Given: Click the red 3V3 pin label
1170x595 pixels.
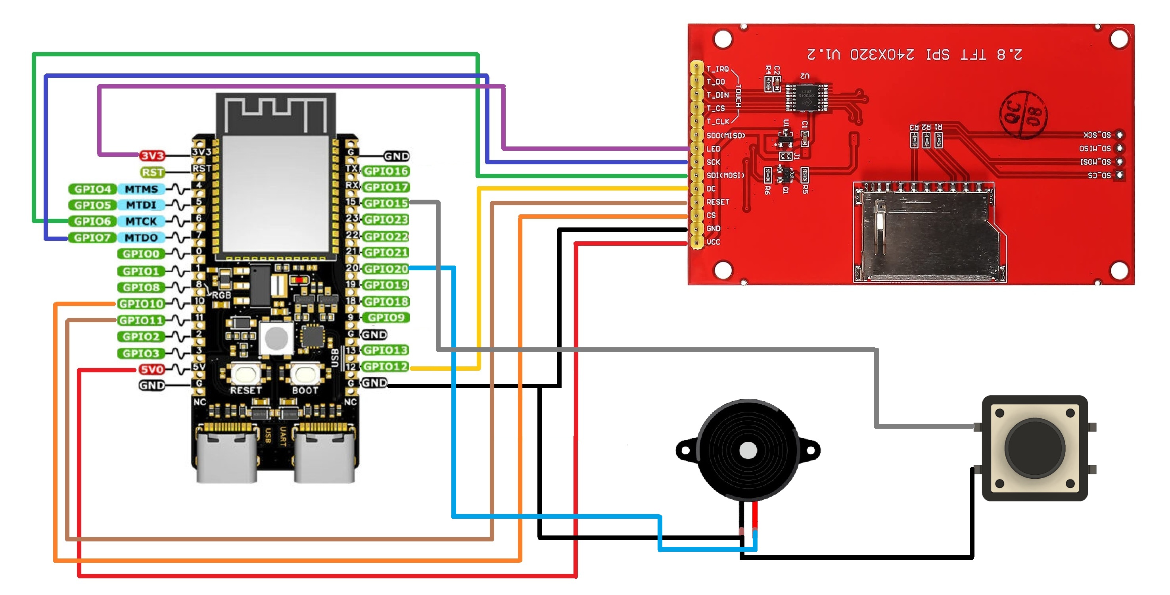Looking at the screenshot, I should click(152, 156).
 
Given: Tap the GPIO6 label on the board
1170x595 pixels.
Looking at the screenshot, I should click(93, 221).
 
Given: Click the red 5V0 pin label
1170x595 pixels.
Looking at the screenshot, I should click(152, 369).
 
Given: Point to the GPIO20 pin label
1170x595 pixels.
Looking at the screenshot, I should click(386, 269).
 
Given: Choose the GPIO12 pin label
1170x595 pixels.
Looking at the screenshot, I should click(386, 367).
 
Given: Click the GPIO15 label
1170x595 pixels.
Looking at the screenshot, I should click(386, 203).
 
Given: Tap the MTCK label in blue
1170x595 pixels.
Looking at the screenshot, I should click(141, 221).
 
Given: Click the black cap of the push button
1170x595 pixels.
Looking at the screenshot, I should click(1035, 448).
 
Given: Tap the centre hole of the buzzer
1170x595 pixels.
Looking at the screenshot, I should click(748, 451).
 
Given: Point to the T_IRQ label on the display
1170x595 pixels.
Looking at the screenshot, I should click(717, 69).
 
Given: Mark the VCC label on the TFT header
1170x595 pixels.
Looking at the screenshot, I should click(713, 242).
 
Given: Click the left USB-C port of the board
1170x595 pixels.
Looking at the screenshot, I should click(226, 457).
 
